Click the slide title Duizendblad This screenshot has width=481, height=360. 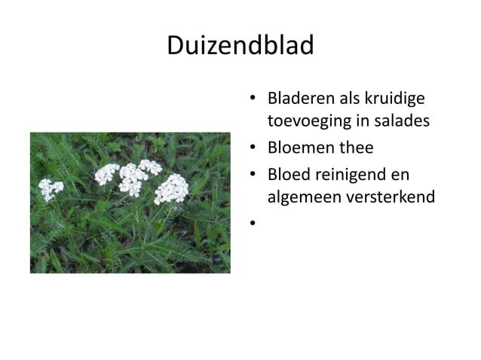pos(240,47)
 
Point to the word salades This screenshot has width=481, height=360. pos(401,121)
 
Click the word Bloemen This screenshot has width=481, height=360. pos(300,148)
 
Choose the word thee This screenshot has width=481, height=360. pos(355,148)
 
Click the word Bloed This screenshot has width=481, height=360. pos(290,175)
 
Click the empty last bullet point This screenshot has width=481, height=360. pos(256,224)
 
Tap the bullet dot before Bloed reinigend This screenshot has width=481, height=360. pos(256,175)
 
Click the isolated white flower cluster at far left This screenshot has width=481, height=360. pos(51,188)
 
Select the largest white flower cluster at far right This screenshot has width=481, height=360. pos(172,188)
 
